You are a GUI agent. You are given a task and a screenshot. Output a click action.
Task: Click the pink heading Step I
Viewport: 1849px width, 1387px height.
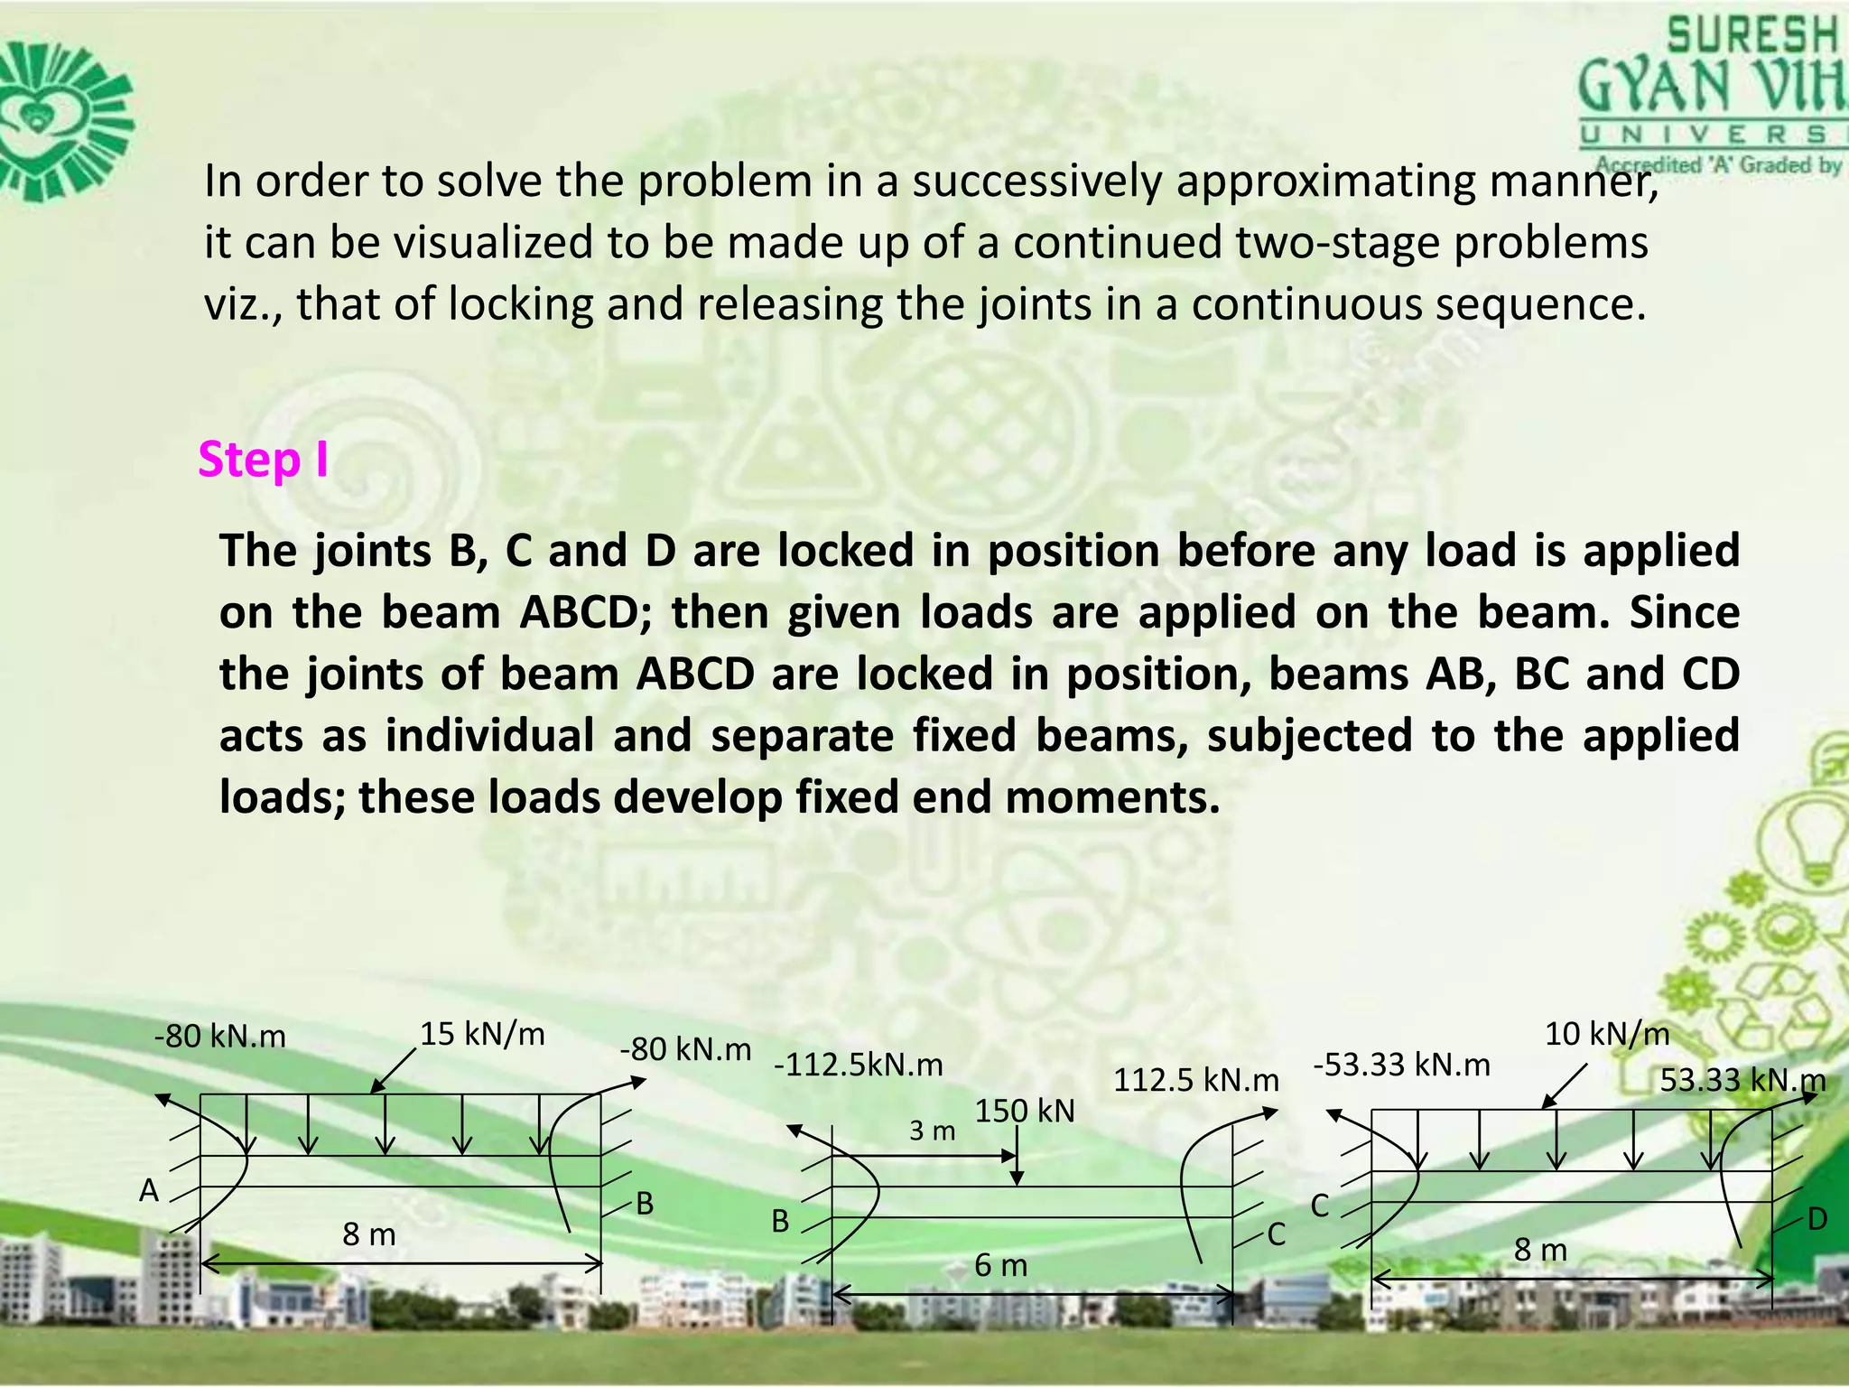pos(263,461)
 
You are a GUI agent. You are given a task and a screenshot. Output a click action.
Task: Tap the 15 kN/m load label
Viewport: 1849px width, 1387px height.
pos(482,1034)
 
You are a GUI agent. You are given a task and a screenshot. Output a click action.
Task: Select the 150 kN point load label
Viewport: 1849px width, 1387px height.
pos(1025,1111)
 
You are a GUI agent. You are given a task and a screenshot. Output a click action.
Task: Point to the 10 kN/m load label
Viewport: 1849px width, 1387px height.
pos(1607,1034)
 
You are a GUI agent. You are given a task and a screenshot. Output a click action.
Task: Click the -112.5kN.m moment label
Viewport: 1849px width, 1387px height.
pos(858,1066)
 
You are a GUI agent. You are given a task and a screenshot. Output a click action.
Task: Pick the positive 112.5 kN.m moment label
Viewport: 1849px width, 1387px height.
pos(1195,1080)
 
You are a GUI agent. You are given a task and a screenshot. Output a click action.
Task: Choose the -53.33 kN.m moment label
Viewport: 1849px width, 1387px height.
pos(1401,1066)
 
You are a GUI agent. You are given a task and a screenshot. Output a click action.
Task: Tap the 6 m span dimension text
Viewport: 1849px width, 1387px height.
pos(1000,1266)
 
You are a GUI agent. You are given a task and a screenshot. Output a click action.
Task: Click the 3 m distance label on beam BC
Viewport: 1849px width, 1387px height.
pos(932,1131)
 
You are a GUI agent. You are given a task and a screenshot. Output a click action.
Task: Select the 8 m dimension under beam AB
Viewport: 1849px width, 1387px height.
pos(368,1234)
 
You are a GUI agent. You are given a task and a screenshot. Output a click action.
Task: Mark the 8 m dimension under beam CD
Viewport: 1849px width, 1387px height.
pos(1540,1250)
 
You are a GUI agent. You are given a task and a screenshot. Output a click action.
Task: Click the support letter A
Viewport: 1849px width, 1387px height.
pos(149,1191)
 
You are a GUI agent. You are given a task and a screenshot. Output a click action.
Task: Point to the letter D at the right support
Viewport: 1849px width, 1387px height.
pos(1816,1220)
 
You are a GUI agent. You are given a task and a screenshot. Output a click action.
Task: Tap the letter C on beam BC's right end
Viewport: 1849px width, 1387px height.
pos(1276,1234)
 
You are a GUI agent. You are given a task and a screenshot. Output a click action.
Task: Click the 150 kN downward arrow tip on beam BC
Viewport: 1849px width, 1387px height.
pos(1017,1183)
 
